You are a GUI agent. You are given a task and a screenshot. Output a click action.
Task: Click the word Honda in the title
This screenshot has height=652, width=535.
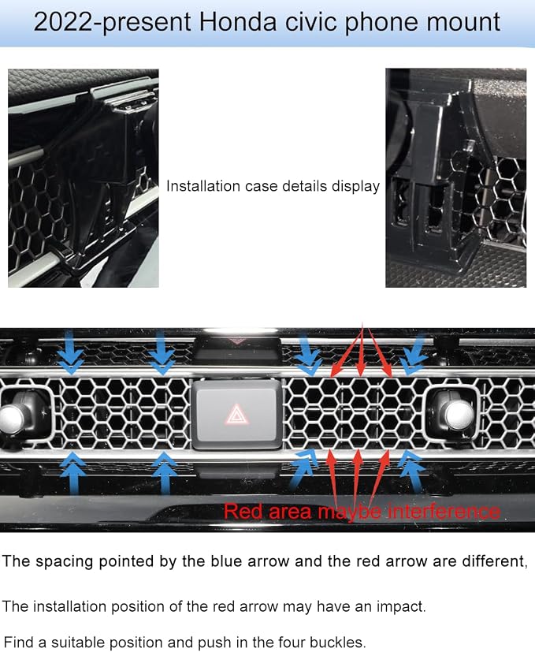click(x=237, y=21)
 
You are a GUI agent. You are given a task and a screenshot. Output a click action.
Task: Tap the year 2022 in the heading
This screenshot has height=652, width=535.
click(x=62, y=21)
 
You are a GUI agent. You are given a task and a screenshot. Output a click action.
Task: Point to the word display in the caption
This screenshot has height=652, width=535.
click(x=355, y=187)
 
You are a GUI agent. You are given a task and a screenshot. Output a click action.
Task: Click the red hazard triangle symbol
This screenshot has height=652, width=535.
click(x=236, y=415)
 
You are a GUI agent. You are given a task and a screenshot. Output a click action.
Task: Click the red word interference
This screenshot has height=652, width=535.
click(x=443, y=512)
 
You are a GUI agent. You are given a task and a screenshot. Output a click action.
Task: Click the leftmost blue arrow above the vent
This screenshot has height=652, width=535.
click(x=70, y=352)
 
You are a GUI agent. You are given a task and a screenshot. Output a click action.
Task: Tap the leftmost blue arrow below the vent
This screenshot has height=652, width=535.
click(x=73, y=473)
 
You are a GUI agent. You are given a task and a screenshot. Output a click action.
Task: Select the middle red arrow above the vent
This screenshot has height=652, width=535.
click(x=362, y=349)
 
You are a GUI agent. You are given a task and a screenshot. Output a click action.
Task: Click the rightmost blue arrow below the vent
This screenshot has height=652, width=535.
click(x=411, y=473)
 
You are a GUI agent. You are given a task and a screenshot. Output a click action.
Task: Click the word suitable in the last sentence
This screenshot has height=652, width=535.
click(x=78, y=642)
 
